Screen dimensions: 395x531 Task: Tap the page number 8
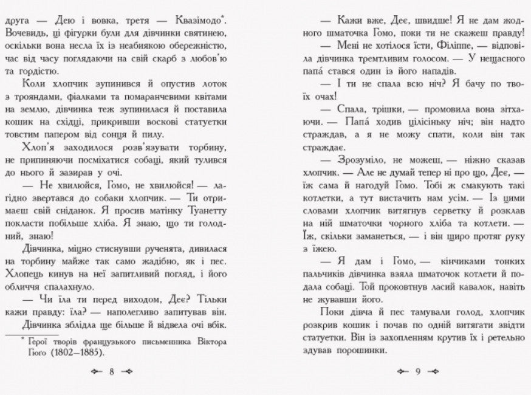tap(112, 371)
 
